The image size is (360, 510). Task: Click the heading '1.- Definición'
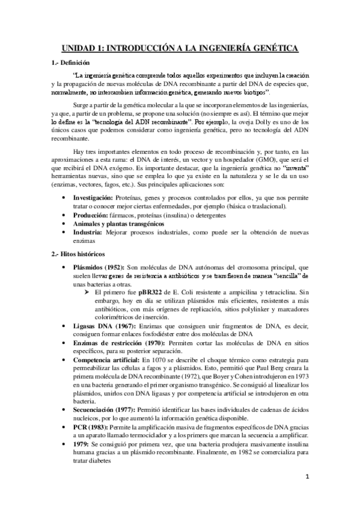coord(69,62)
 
